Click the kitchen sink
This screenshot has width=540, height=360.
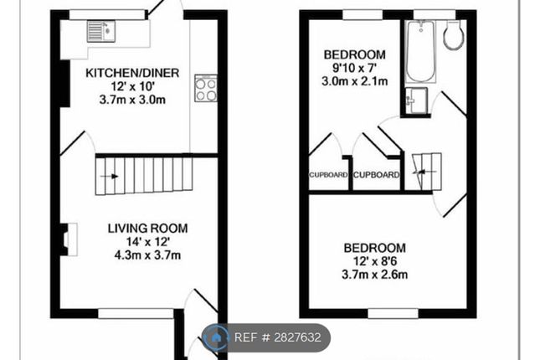[101, 31]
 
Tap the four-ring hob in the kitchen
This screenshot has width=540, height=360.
[206, 88]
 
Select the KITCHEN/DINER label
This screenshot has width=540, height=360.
[132, 73]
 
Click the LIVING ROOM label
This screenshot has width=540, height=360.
[147, 229]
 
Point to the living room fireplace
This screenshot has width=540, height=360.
[69, 239]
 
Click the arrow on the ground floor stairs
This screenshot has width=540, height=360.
[110, 177]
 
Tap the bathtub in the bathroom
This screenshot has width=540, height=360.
[420, 52]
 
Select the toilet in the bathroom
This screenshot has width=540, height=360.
[452, 34]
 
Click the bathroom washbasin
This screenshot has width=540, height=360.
[416, 100]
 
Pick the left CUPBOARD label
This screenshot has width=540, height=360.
[328, 175]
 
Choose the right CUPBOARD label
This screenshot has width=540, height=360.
[377, 175]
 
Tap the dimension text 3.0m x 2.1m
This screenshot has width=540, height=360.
[355, 81]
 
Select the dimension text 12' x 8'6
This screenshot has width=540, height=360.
[375, 261]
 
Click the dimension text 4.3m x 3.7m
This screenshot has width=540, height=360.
[147, 255]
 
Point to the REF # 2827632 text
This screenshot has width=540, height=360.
[278, 337]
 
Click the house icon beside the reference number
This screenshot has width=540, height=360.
[216, 337]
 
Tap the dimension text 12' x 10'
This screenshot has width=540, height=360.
[132, 86]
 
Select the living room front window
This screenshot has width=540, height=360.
[136, 313]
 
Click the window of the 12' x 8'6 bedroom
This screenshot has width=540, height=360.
[393, 313]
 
